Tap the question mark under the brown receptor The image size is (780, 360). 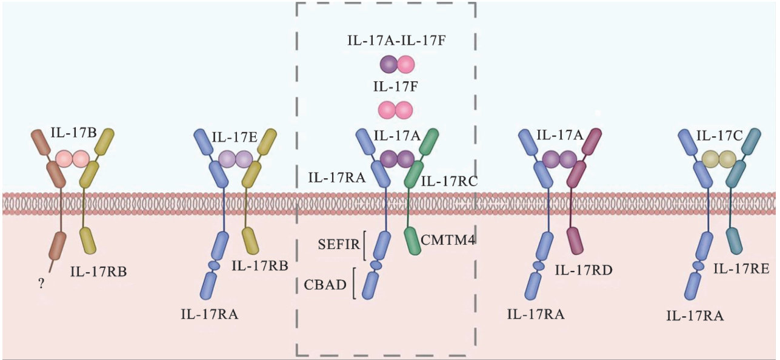41,282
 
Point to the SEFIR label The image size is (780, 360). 339,245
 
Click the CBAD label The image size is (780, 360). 325,284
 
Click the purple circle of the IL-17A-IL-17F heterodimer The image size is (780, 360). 388,63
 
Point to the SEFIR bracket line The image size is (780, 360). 363,245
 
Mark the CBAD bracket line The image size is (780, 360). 353,284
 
